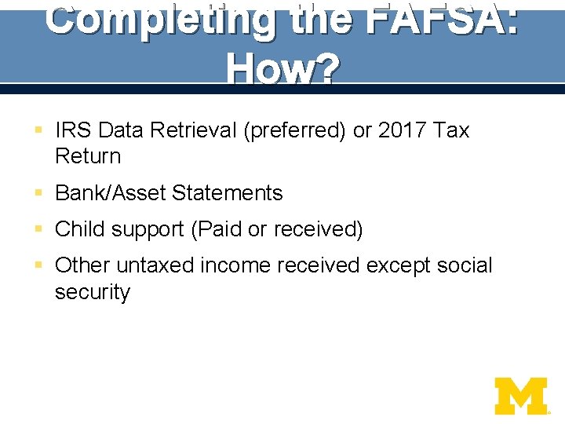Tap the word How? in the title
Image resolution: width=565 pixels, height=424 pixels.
[282, 70]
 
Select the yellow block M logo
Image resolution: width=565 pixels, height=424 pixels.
[521, 396]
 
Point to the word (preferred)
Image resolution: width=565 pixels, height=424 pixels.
[295, 130]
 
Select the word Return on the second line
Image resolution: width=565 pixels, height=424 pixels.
[88, 156]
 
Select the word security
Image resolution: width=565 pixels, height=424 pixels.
[93, 292]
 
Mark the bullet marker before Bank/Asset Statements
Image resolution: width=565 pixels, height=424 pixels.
[39, 193]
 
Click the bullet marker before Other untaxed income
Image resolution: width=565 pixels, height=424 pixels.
[39, 265]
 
